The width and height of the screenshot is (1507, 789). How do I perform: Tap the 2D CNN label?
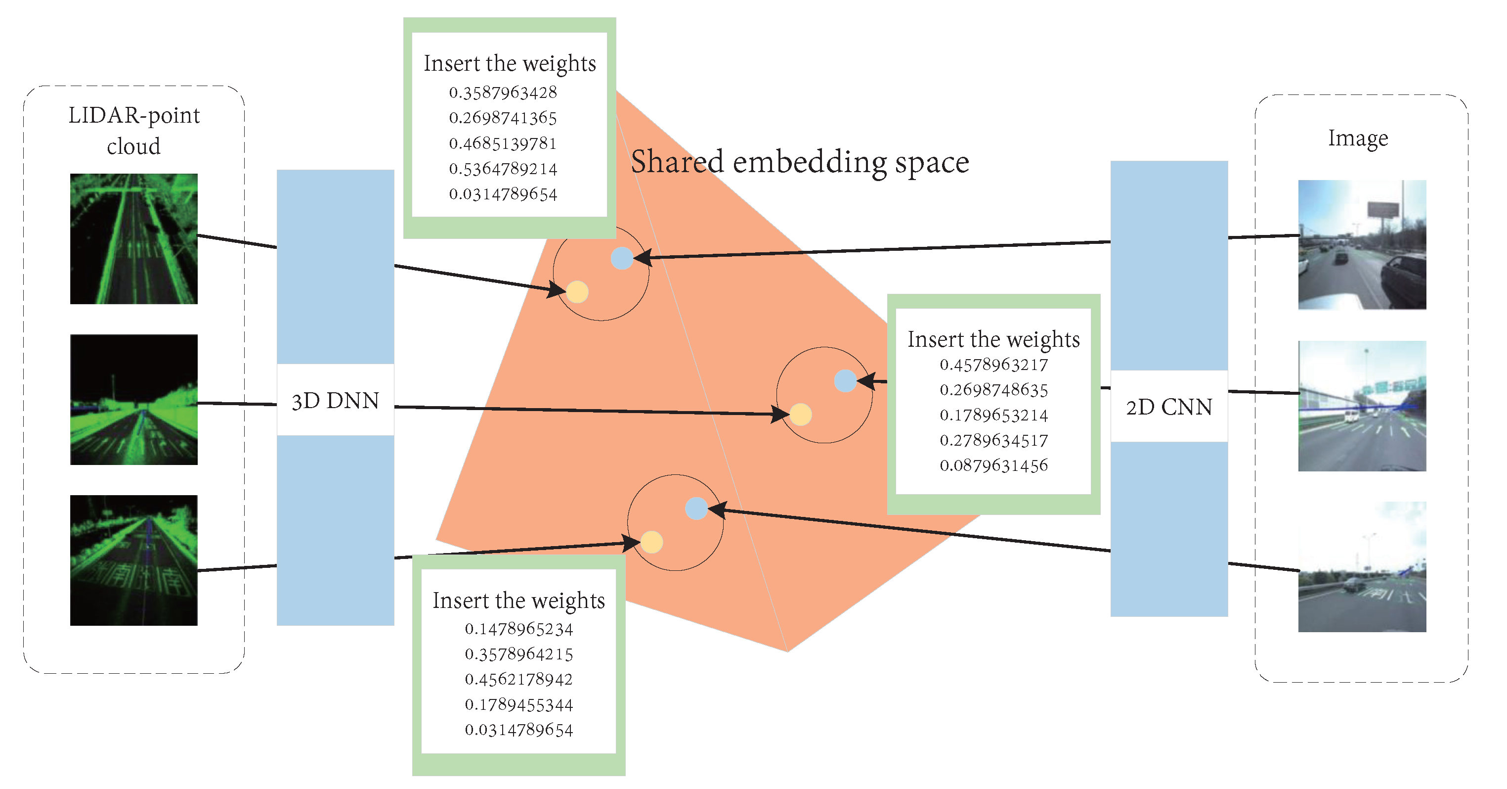pyautogui.click(x=1168, y=407)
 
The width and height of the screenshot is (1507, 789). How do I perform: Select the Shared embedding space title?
pyautogui.click(x=800, y=162)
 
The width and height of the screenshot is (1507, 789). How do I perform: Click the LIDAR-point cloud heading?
pyautogui.click(x=134, y=130)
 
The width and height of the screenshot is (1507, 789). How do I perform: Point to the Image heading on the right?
pyautogui.click(x=1357, y=139)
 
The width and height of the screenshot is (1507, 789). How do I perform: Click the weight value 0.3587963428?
pyautogui.click(x=503, y=93)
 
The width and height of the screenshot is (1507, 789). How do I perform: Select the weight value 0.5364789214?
pyautogui.click(x=503, y=169)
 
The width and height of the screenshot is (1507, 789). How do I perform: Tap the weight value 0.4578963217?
pyautogui.click(x=993, y=365)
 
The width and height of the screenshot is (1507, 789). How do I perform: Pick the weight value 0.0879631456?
pyautogui.click(x=993, y=465)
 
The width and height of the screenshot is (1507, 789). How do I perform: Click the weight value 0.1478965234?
pyautogui.click(x=518, y=629)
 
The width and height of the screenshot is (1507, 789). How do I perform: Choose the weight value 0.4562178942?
pyautogui.click(x=518, y=679)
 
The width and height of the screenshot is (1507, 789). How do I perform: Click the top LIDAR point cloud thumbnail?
pyautogui.click(x=134, y=239)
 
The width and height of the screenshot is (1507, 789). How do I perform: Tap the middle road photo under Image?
pyautogui.click(x=1361, y=406)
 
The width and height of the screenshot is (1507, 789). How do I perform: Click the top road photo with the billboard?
pyautogui.click(x=1361, y=245)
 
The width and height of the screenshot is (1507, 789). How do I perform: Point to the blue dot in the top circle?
pyautogui.click(x=622, y=258)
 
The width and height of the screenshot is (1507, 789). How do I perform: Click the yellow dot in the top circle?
pyautogui.click(x=577, y=291)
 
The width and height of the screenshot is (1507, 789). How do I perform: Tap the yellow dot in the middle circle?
pyautogui.click(x=800, y=415)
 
